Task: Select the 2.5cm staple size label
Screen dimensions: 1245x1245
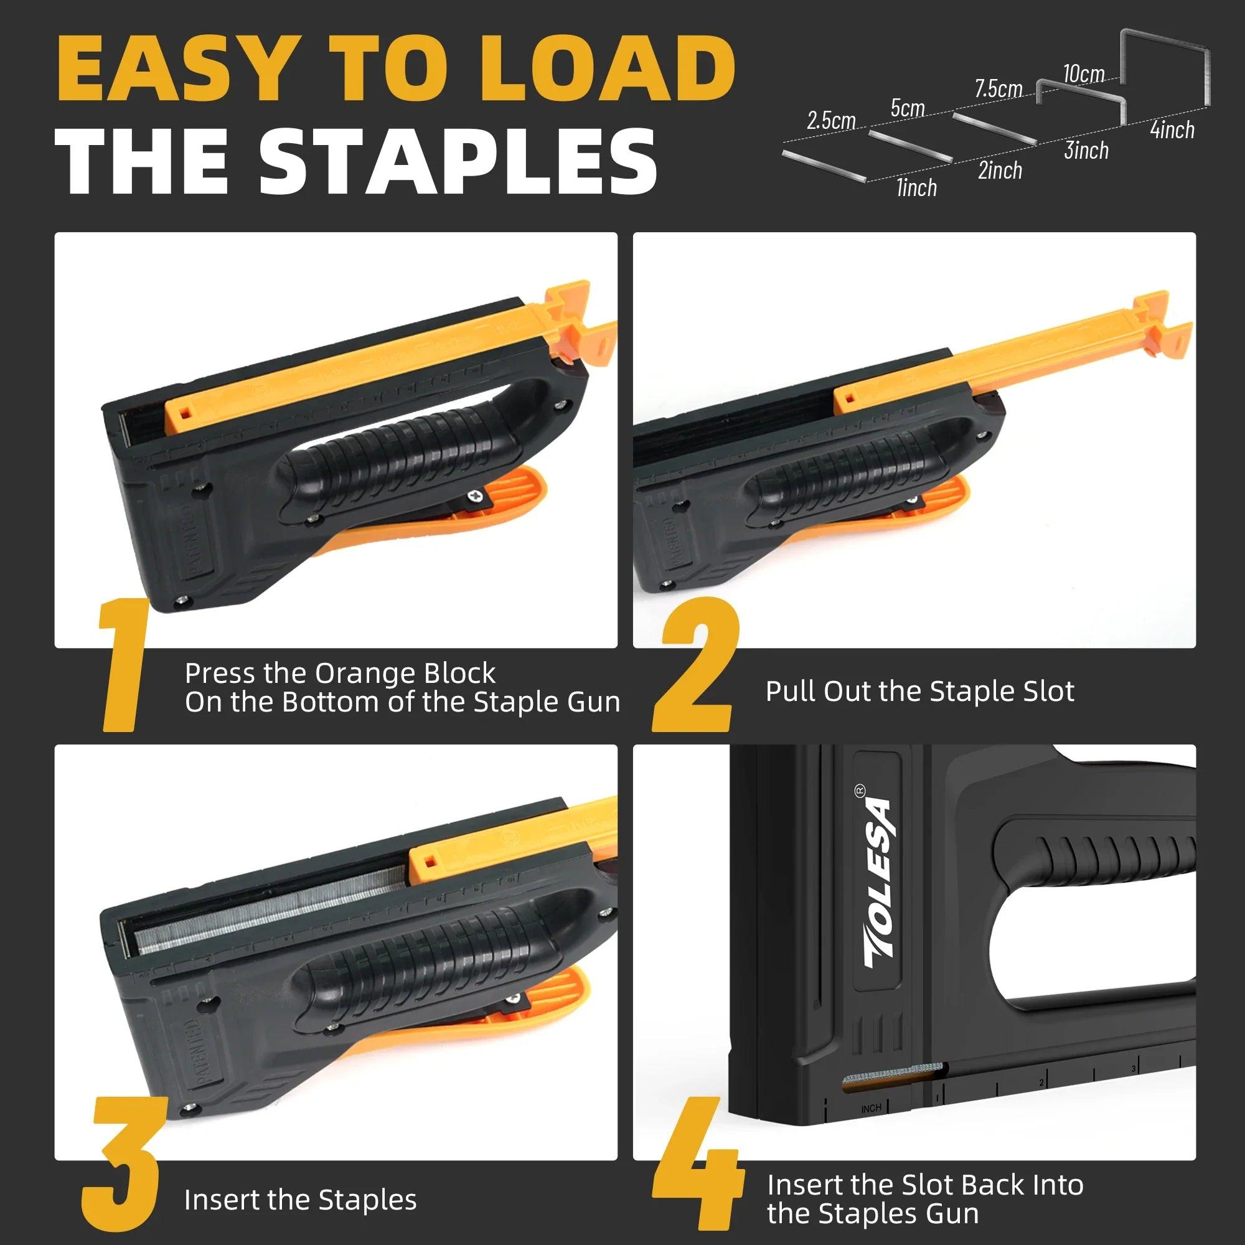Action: pyautogui.click(x=830, y=121)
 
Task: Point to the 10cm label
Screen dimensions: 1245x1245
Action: pyautogui.click(x=1083, y=74)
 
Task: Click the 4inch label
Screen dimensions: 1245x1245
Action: pyautogui.click(x=1172, y=129)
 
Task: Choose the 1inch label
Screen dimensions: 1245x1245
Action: pyautogui.click(x=916, y=187)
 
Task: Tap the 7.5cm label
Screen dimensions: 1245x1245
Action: pyautogui.click(x=998, y=88)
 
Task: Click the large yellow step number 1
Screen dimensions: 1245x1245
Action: pyautogui.click(x=125, y=664)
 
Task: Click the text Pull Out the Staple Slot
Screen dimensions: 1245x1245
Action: pyautogui.click(x=919, y=691)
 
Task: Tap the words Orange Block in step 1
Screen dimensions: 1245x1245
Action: pyautogui.click(x=405, y=674)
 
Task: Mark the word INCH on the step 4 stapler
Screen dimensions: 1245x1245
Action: pyautogui.click(x=871, y=1109)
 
